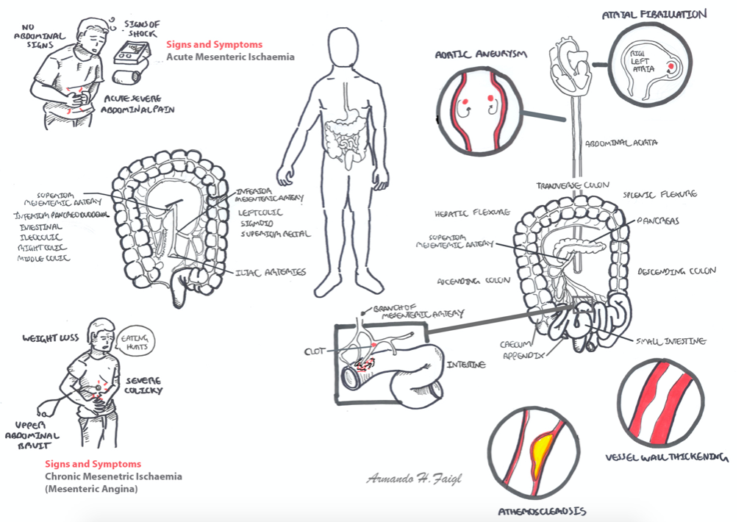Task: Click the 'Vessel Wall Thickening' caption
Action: click(x=666, y=457)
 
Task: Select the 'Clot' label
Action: click(x=314, y=351)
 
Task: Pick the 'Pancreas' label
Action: click(x=658, y=221)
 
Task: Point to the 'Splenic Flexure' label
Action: click(x=660, y=195)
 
